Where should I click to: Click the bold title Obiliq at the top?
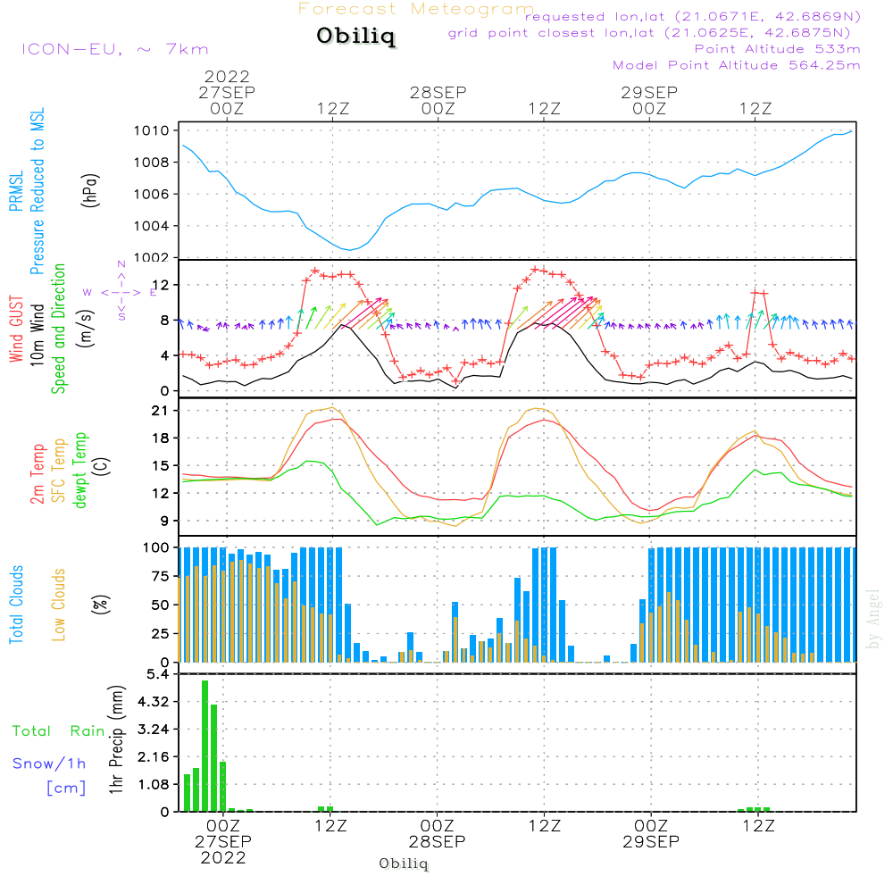(355, 38)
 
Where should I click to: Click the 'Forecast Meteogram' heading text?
(415, 9)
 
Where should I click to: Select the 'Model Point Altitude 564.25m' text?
(736, 64)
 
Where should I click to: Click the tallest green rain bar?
(204, 746)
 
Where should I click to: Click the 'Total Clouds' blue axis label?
(17, 604)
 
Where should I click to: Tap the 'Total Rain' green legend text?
(58, 731)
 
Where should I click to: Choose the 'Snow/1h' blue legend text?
(49, 764)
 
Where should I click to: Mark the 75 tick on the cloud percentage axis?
(158, 576)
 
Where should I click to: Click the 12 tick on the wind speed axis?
(159, 285)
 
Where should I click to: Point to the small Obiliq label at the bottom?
(404, 864)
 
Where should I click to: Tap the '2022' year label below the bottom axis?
(222, 857)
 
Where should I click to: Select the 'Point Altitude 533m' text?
(777, 48)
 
